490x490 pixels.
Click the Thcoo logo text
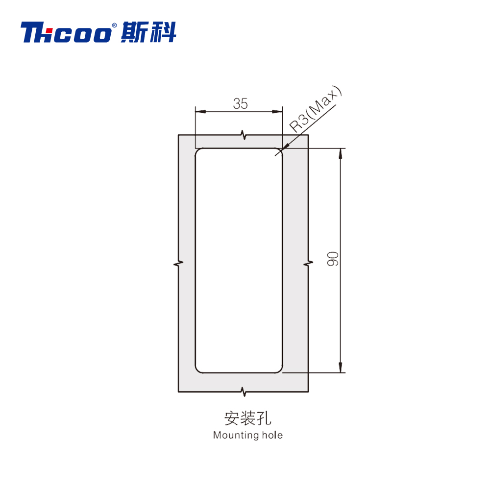[66, 32]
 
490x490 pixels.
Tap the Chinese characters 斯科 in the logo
[149, 32]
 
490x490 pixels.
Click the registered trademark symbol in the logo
[114, 25]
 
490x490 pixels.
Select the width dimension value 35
[240, 104]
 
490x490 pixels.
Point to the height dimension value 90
[333, 259]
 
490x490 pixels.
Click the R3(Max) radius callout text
[315, 108]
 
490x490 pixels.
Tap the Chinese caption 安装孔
[247, 418]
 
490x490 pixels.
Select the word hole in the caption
[272, 435]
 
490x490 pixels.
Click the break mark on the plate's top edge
[244, 135]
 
